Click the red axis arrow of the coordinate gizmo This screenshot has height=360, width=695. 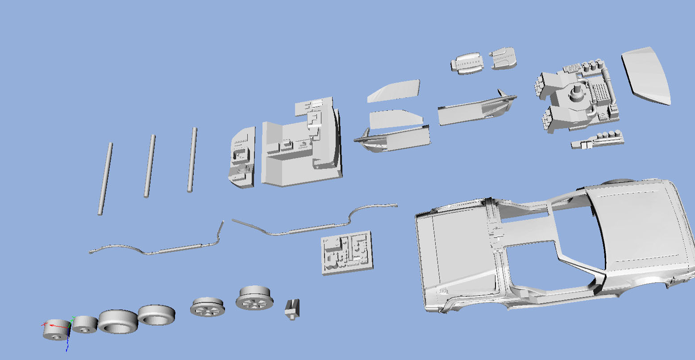(50, 325)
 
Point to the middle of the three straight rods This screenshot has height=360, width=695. (150, 166)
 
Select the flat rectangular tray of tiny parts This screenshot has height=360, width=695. (347, 252)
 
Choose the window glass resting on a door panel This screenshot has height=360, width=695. (395, 119)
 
